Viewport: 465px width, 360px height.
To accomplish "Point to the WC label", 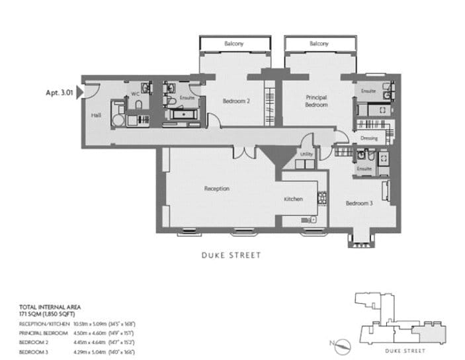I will (135, 94).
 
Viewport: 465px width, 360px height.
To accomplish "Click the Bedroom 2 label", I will (235, 101).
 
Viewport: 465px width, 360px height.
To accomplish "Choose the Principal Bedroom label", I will (316, 101).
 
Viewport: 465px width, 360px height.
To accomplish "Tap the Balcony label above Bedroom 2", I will (233, 44).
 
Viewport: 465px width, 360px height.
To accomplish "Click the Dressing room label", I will (369, 138).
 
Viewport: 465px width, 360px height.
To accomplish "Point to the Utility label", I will (306, 154).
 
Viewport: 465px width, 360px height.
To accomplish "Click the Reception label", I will (216, 189).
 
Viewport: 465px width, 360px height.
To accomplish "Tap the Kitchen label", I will (293, 199).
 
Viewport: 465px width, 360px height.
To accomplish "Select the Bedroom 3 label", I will (359, 203).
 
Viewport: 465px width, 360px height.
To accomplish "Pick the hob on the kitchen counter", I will (323, 197).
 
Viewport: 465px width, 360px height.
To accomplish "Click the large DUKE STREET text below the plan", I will (232, 255).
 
